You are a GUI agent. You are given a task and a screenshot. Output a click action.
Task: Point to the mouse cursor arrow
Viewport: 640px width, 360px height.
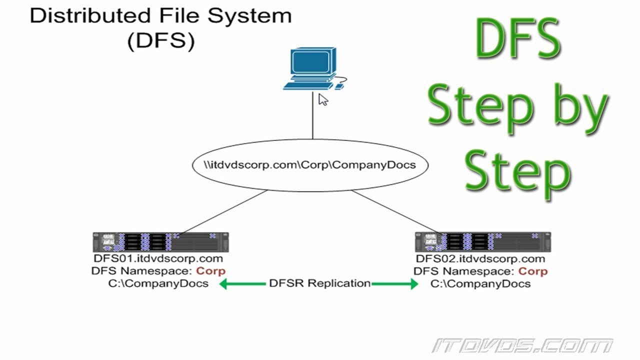pyautogui.click(x=323, y=99)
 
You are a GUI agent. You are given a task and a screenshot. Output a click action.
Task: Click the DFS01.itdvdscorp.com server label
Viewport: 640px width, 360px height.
pyautogui.click(x=158, y=258)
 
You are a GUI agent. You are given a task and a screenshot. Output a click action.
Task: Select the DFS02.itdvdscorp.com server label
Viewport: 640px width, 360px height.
pyautogui.click(x=480, y=258)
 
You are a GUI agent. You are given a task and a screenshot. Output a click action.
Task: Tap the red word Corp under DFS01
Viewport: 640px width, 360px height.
pyautogui.click(x=211, y=271)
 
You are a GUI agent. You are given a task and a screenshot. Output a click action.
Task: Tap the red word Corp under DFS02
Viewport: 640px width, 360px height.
pyautogui.click(x=533, y=271)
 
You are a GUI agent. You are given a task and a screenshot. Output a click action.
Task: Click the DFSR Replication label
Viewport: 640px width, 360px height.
pyautogui.click(x=320, y=283)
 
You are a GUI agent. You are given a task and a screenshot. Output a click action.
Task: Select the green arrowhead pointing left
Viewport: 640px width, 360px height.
pyautogui.click(x=223, y=284)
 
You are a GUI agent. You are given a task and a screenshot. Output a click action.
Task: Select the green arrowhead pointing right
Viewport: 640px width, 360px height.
pyautogui.click(x=414, y=284)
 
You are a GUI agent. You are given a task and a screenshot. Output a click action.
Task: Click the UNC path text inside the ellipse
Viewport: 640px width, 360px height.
pyautogui.click(x=310, y=165)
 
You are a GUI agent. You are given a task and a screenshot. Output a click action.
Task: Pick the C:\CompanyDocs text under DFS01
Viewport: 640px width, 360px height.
pyautogui.click(x=158, y=283)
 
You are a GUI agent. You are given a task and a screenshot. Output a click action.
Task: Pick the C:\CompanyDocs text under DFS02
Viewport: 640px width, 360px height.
pyautogui.click(x=480, y=283)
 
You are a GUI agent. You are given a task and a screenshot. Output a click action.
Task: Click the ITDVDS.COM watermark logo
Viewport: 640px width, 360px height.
pyautogui.click(x=522, y=345)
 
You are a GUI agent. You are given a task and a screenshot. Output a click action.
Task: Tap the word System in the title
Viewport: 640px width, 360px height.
pyautogui.click(x=249, y=16)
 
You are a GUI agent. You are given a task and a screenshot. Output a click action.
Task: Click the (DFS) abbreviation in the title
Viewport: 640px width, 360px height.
pyautogui.click(x=161, y=41)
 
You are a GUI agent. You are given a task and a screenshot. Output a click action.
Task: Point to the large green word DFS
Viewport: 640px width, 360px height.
pyautogui.click(x=517, y=38)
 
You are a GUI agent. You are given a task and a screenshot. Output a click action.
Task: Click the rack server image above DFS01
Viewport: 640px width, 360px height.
pyautogui.click(x=161, y=242)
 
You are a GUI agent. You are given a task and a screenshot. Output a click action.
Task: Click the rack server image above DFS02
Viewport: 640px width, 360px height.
pyautogui.click(x=483, y=242)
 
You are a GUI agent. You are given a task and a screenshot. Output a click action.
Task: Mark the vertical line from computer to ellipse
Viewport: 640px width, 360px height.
pyautogui.click(x=313, y=115)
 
